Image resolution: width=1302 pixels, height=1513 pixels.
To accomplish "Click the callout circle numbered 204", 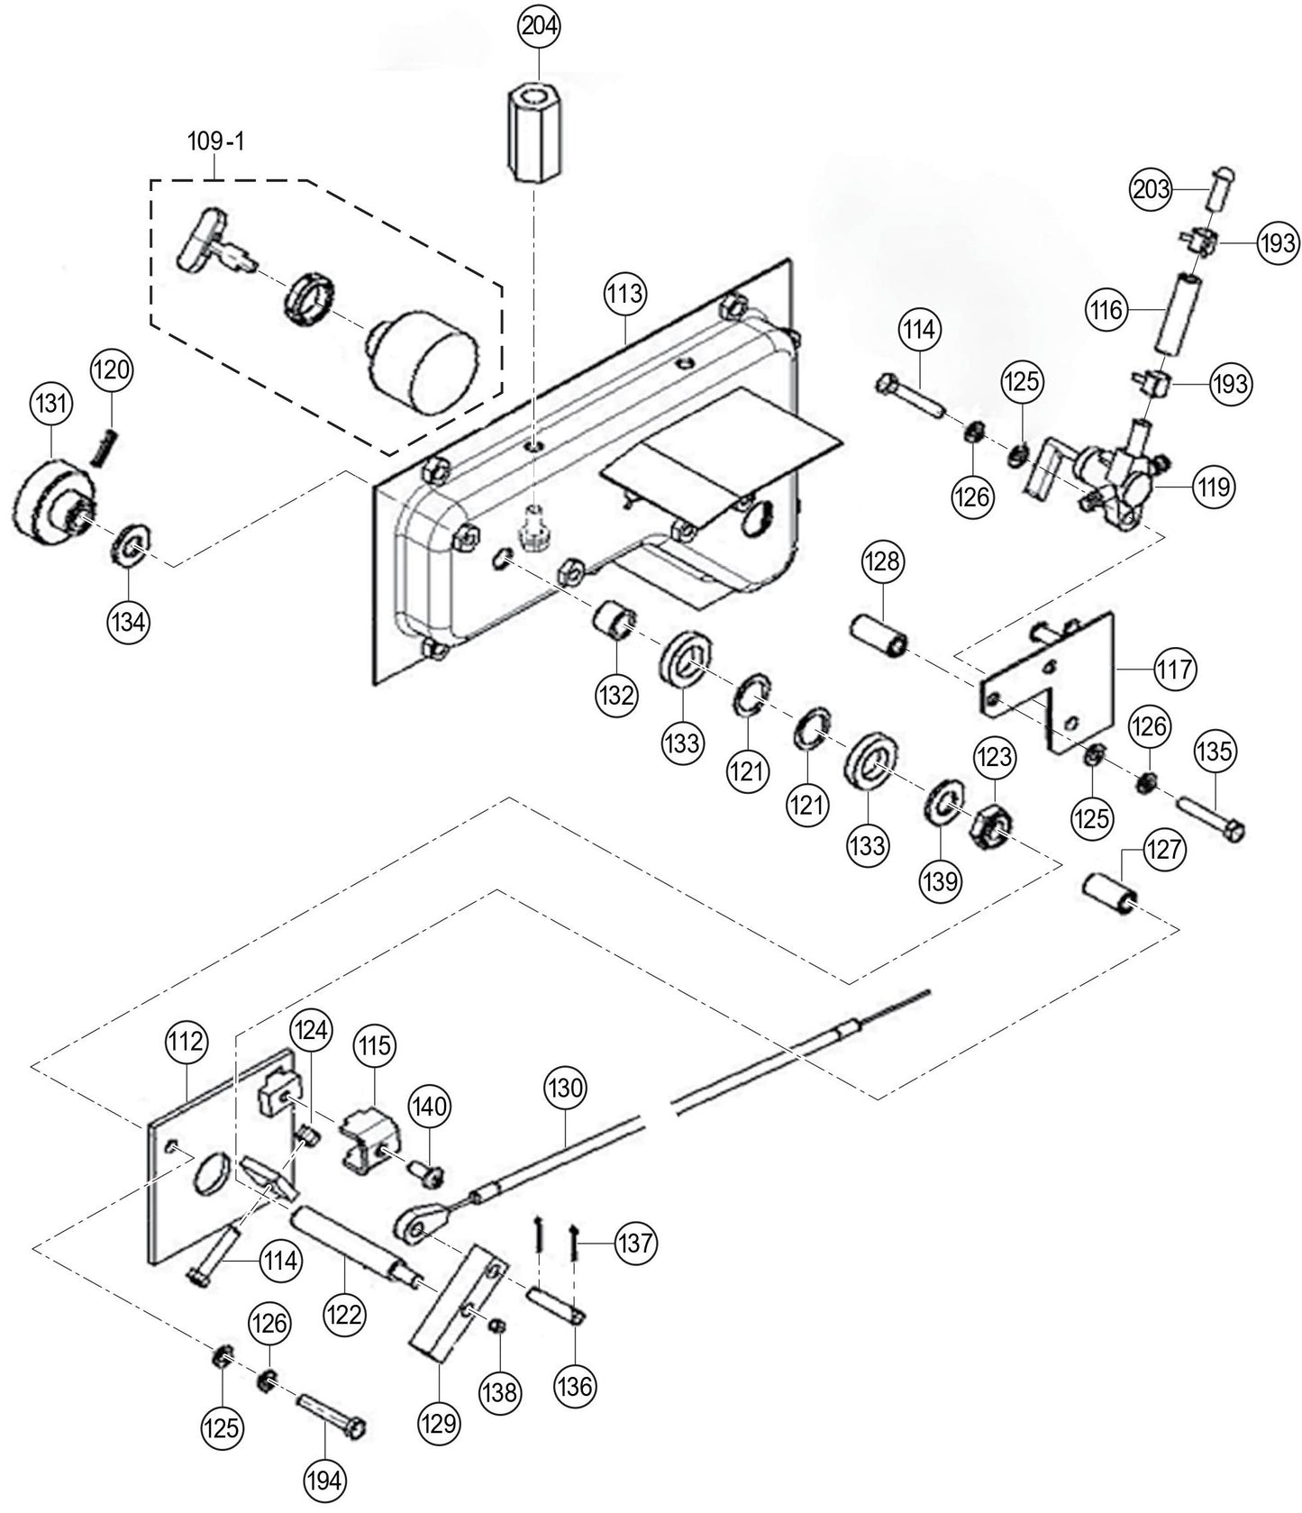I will click(538, 27).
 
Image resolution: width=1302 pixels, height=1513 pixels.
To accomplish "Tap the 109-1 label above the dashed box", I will click(215, 141).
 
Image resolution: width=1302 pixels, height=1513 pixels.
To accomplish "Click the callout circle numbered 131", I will click(51, 405).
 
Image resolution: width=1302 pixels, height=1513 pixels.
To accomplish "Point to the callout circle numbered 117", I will click(1176, 670).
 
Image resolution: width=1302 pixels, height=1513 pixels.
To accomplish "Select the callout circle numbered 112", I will click(186, 1043).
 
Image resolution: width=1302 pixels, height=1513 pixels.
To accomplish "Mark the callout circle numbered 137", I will click(636, 1244).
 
